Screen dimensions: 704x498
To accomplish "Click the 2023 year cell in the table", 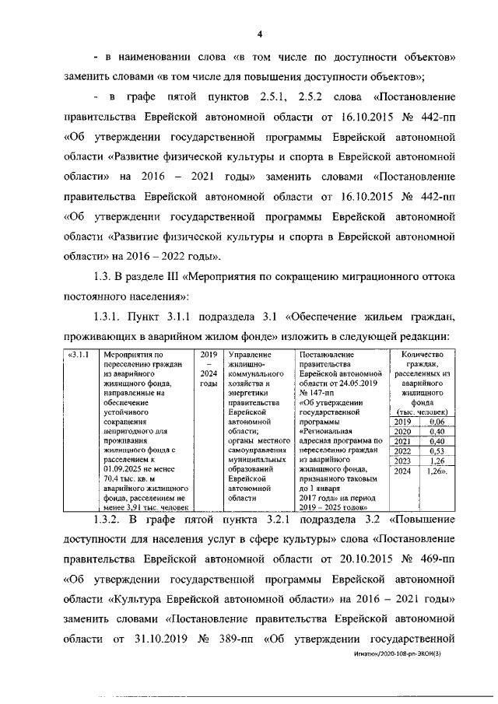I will click(x=404, y=461).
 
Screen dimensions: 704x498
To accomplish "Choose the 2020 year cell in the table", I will click(x=404, y=431).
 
